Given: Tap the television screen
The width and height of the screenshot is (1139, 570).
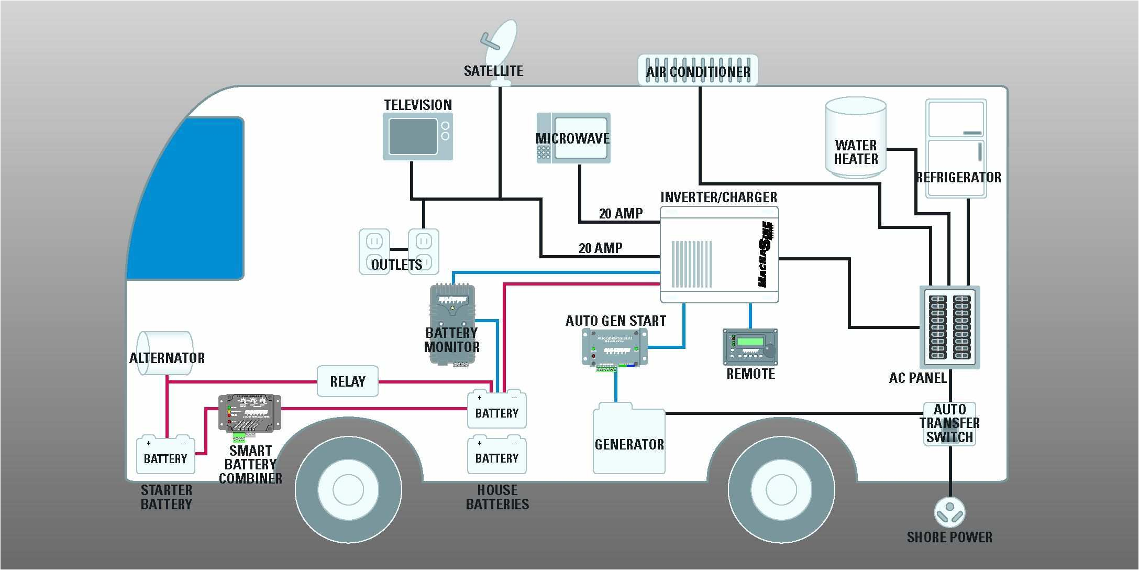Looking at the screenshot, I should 413,136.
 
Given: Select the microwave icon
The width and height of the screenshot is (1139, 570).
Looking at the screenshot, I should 573,138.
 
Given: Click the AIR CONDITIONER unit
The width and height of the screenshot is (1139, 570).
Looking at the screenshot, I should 698,70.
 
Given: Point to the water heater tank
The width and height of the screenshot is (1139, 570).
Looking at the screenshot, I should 856,137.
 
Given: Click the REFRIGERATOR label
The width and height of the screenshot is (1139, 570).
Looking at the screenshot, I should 958,178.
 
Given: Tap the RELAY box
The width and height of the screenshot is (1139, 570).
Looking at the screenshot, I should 347,381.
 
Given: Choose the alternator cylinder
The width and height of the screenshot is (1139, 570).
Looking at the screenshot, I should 164,353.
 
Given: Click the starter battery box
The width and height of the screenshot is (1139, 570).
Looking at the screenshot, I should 165,455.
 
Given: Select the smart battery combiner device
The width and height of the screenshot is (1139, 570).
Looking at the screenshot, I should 250,413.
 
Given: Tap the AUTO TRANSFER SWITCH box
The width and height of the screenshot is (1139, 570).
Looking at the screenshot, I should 949,423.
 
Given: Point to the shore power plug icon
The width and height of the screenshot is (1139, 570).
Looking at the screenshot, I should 949,512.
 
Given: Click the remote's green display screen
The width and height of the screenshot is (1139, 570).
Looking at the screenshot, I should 750,342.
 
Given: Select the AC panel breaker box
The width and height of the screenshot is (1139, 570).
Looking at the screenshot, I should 949,327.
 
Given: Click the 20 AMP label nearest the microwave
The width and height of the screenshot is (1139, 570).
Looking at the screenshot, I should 621,214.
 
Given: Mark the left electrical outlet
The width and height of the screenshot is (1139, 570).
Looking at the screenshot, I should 374,251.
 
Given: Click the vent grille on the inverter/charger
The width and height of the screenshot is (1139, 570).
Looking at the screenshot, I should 691,264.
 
